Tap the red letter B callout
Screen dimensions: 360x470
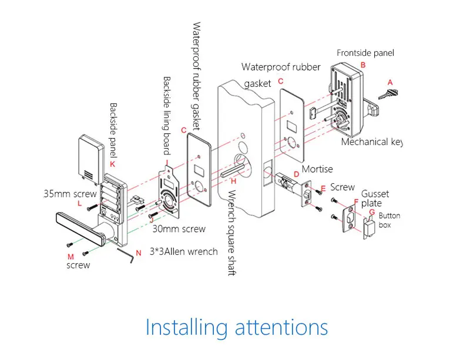362,65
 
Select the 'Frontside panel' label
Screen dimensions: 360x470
365,53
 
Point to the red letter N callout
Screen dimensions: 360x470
139,253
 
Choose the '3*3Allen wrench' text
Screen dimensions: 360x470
184,251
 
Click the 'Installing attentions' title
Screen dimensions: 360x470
236,327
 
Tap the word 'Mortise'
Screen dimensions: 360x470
317,170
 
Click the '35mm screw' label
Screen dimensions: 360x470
69,193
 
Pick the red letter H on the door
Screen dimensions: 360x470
233,181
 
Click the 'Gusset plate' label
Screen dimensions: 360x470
375,198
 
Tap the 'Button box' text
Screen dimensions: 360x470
389,220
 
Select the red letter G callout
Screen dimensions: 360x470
371,212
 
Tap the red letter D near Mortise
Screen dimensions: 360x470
297,174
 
